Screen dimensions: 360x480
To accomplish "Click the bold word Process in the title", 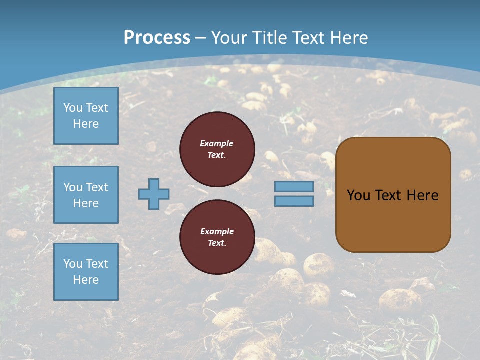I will pyautogui.click(x=157, y=37).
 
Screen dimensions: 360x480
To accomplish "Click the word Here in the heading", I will pyautogui.click(x=348, y=37).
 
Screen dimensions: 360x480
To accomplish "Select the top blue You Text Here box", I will pyautogui.click(x=86, y=116).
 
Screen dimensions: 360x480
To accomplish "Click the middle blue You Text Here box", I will pyautogui.click(x=86, y=195).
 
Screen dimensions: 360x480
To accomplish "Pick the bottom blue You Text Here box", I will pyautogui.click(x=86, y=272).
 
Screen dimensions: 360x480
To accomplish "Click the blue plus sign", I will pyautogui.click(x=154, y=194).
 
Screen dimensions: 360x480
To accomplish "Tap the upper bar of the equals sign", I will pyautogui.click(x=294, y=186).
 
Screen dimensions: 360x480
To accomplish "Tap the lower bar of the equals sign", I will pyautogui.click(x=294, y=201).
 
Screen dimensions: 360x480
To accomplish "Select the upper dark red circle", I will pyautogui.click(x=217, y=149).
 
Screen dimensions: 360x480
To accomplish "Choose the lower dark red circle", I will pyautogui.click(x=217, y=237).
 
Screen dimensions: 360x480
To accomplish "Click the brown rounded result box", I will pyautogui.click(x=393, y=195).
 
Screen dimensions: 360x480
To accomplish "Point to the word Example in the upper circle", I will pyautogui.click(x=217, y=143).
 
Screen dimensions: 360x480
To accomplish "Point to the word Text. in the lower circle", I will pyautogui.click(x=217, y=243).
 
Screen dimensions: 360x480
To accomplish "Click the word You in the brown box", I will pyautogui.click(x=358, y=195).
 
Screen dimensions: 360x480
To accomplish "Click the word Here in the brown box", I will pyautogui.click(x=422, y=195).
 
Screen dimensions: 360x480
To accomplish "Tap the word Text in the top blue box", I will pyautogui.click(x=97, y=108).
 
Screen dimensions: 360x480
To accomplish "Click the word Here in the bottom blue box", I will pyautogui.click(x=86, y=280).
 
